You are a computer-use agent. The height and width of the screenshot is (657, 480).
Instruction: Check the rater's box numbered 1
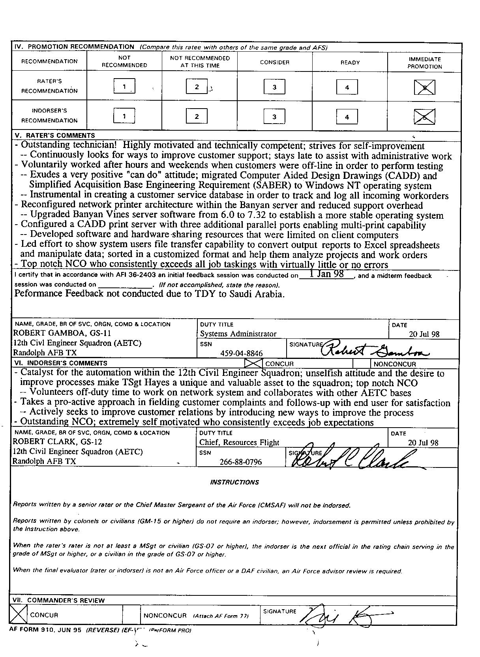pyautogui.click(x=124, y=86)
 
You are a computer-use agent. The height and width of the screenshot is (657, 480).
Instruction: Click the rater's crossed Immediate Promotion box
pyautogui.click(x=425, y=87)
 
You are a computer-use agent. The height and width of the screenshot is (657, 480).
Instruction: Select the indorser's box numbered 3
pyautogui.click(x=274, y=116)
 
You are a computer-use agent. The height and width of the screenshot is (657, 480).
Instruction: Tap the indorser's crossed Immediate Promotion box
pyautogui.click(x=424, y=117)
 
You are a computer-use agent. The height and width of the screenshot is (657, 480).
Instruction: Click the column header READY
pyautogui.click(x=350, y=62)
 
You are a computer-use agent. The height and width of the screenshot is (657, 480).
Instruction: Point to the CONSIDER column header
pyautogui.click(x=275, y=62)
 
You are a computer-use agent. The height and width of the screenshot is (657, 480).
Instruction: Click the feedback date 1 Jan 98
pyautogui.click(x=326, y=274)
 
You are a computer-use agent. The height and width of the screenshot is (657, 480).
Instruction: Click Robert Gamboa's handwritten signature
pyautogui.click(x=375, y=349)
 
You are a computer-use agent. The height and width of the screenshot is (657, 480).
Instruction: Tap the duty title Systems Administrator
pyautogui.click(x=238, y=334)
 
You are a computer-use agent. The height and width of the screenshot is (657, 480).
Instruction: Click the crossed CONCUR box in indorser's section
pyautogui.click(x=253, y=363)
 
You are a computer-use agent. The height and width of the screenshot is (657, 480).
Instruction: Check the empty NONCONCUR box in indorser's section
pyautogui.click(x=361, y=364)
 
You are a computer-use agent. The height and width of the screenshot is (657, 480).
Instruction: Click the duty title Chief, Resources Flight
pyautogui.click(x=239, y=443)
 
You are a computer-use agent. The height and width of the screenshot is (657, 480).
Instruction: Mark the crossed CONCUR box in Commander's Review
pyautogui.click(x=19, y=615)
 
